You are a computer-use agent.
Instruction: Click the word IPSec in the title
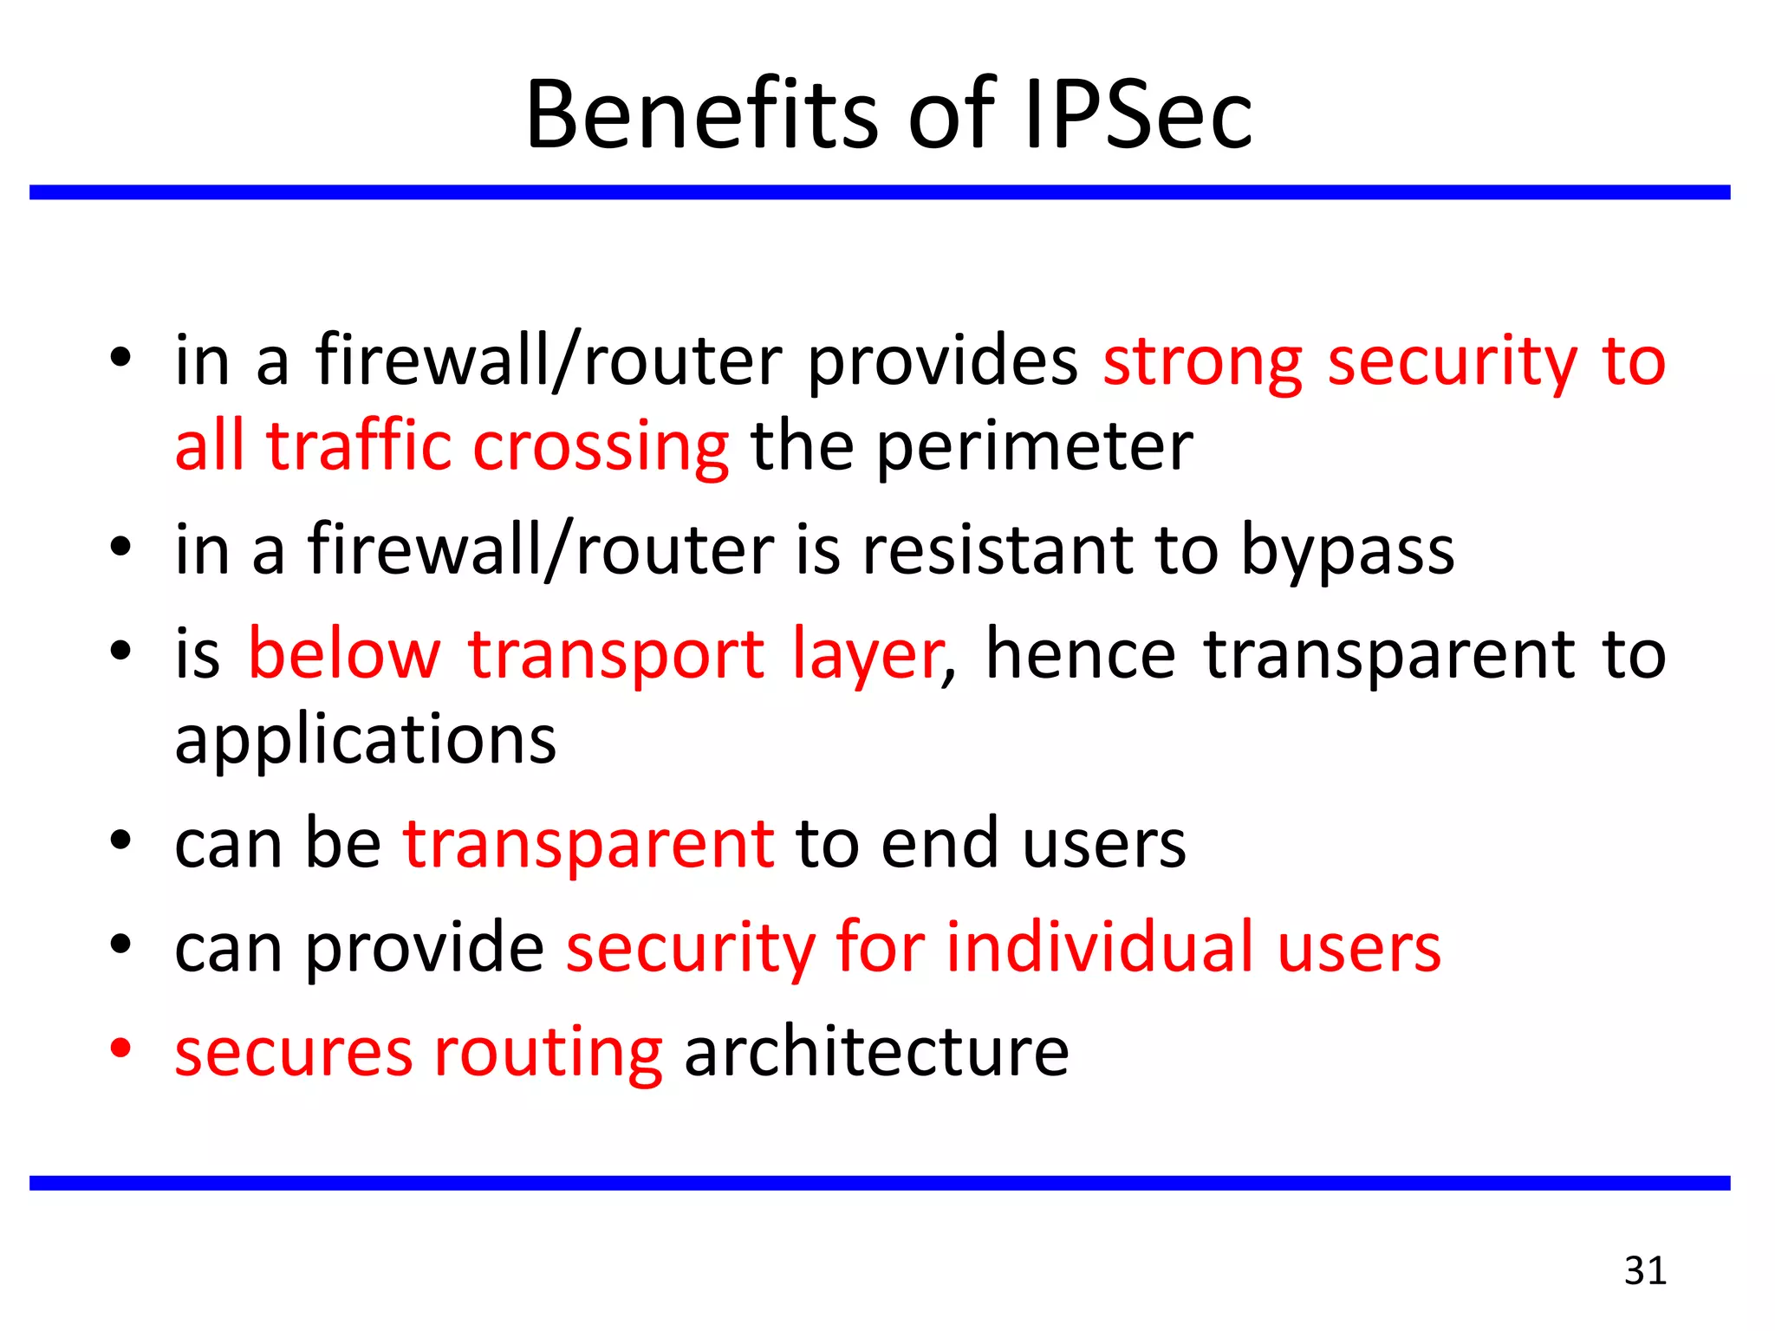pyautogui.click(x=1137, y=115)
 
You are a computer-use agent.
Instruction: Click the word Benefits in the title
pyautogui.click(x=702, y=115)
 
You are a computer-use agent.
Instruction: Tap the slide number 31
pyautogui.click(x=1645, y=1270)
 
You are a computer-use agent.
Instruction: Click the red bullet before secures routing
pyautogui.click(x=120, y=1048)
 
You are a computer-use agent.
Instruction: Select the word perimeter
pyautogui.click(x=1035, y=447)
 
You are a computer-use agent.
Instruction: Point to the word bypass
pyautogui.click(x=1348, y=552)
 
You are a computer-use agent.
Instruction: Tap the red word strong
pyautogui.click(x=1202, y=362)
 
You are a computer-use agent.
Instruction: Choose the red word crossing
pyautogui.click(x=601, y=449)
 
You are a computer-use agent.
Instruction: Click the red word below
pyautogui.click(x=344, y=654)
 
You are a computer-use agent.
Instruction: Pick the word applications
pyautogui.click(x=365, y=742)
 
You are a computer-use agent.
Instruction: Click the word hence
pyautogui.click(x=1080, y=654)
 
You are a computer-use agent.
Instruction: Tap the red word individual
pyautogui.click(x=1100, y=947)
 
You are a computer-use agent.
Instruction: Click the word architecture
pyautogui.click(x=876, y=1052)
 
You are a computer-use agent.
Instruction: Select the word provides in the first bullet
pyautogui.click(x=943, y=362)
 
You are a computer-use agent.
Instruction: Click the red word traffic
pyautogui.click(x=359, y=447)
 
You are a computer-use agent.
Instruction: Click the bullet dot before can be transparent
pyautogui.click(x=120, y=840)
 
